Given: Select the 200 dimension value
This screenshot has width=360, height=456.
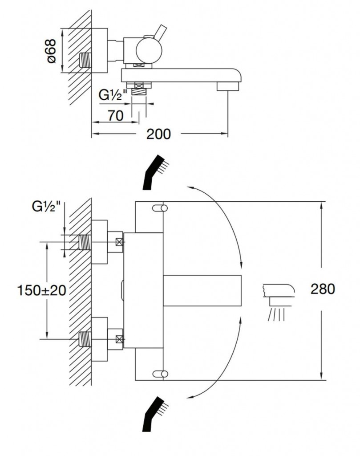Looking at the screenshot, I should point(159,134).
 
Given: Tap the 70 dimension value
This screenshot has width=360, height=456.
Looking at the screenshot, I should point(115,116).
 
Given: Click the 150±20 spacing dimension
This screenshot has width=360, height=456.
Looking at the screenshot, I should point(42,290).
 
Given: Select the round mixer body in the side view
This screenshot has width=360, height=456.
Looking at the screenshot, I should point(148,49).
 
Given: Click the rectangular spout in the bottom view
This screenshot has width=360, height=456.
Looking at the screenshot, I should point(202,290).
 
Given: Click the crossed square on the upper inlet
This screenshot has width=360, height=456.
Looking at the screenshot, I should point(119,243).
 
